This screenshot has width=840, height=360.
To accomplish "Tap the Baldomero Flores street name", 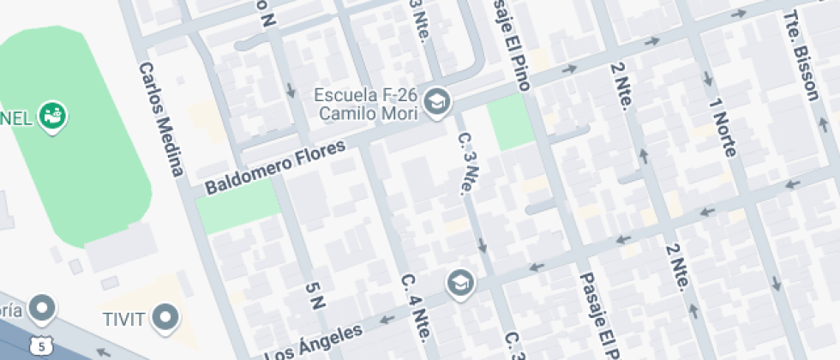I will (275, 167).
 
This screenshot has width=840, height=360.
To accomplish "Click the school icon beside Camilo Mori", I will (438, 101).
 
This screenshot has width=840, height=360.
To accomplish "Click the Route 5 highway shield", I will (39, 345).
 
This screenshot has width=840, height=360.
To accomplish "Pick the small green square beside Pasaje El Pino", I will (510, 122).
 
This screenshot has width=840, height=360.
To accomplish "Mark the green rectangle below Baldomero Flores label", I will (238, 207).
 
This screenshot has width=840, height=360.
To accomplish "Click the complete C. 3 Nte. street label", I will (467, 163).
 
